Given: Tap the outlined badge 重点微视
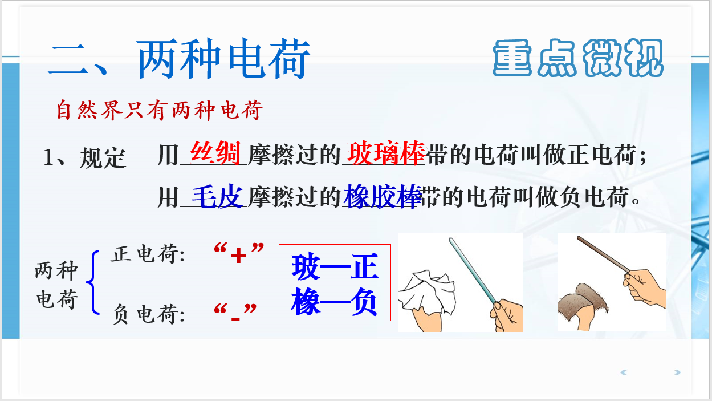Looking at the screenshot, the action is [578, 58].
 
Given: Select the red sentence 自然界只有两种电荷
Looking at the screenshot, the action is [160, 110].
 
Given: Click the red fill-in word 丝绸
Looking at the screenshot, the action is [215, 153].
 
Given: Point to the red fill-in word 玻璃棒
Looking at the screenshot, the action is [386, 153].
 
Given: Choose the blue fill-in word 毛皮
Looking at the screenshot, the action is [217, 197].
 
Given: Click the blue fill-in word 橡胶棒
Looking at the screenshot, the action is [383, 197].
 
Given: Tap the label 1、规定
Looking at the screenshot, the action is [84, 158].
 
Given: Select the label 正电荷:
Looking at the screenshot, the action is [148, 254].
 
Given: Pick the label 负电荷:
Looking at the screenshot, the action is [149, 314].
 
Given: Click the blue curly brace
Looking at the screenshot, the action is [92, 282].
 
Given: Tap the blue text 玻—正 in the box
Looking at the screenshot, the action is [335, 266].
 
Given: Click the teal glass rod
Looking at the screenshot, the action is [473, 270].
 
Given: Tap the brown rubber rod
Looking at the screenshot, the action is [603, 254].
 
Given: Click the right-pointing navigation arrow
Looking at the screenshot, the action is [677, 372].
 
